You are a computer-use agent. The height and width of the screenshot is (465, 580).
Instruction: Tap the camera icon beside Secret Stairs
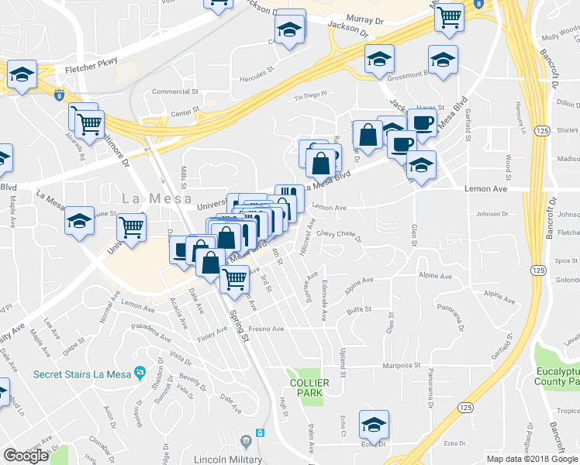140,374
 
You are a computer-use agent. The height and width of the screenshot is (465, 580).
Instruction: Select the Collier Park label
309,387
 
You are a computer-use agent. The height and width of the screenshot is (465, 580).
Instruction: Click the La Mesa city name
156,198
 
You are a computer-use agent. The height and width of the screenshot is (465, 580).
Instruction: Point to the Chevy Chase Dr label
340,233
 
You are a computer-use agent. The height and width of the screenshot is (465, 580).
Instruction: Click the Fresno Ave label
267,329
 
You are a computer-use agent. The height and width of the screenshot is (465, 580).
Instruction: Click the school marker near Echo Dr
374,425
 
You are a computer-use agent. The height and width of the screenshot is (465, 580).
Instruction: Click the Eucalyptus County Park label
558,376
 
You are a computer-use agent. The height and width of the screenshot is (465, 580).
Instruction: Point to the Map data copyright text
532,459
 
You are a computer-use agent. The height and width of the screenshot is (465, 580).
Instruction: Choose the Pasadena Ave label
151,336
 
